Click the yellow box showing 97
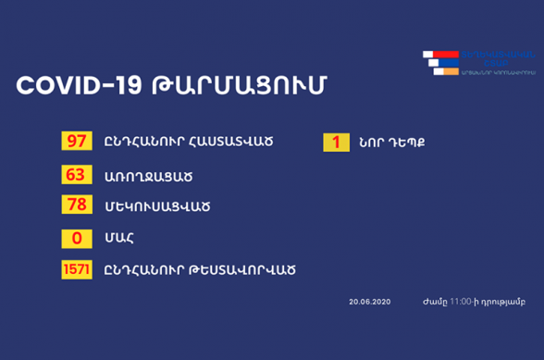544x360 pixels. pyautogui.click(x=75, y=142)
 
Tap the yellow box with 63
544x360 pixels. pyautogui.click(x=75, y=174)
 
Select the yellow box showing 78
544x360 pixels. pyautogui.click(x=75, y=205)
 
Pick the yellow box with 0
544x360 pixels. pyautogui.click(x=75, y=237)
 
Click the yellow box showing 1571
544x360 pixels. pyautogui.click(x=75, y=269)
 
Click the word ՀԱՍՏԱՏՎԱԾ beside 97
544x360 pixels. pyautogui.click(x=229, y=143)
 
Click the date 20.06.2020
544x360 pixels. pyautogui.click(x=368, y=302)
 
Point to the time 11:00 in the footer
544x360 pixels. pyautogui.click(x=460, y=302)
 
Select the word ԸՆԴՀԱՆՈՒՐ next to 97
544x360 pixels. pyautogui.click(x=140, y=143)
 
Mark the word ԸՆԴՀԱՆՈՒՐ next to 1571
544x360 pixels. pyautogui.click(x=140, y=269)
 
